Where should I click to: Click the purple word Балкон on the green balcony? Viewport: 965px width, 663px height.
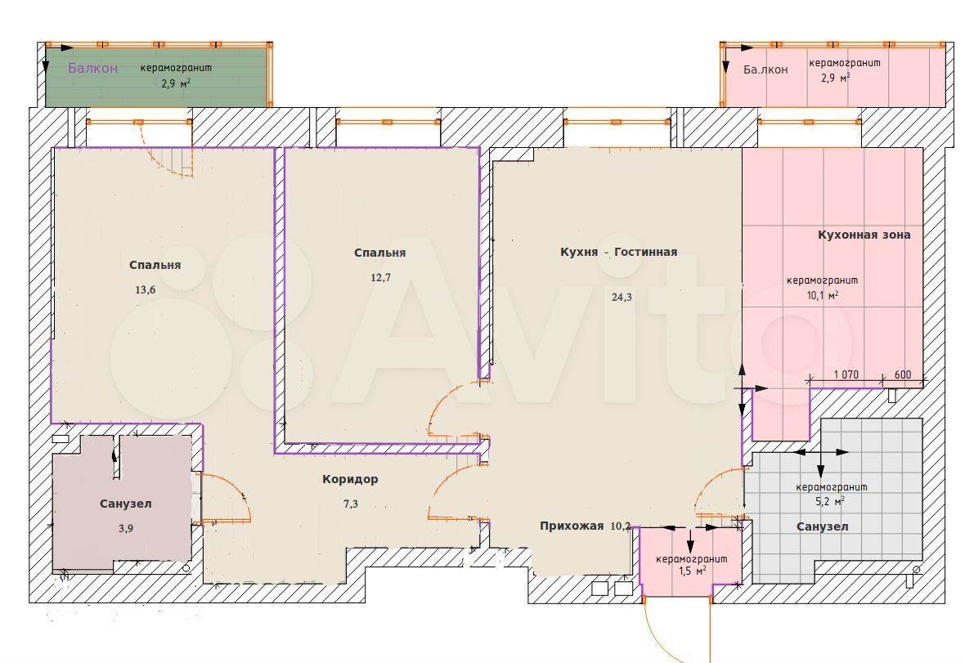click(92, 69)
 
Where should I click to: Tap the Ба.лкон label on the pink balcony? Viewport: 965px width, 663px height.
click(765, 69)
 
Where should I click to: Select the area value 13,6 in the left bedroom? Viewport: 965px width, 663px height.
click(146, 289)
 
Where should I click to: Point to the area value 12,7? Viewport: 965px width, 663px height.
click(380, 277)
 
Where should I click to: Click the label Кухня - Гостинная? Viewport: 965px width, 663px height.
click(618, 252)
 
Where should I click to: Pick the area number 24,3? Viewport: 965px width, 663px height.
click(622, 297)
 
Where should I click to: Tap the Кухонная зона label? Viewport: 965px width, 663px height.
click(864, 235)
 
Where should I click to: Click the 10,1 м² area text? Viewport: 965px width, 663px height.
click(822, 295)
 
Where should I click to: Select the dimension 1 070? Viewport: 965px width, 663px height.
click(846, 374)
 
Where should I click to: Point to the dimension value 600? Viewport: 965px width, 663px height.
click(903, 374)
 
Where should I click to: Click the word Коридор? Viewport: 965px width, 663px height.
click(350, 479)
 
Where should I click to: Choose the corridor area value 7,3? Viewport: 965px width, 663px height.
click(351, 504)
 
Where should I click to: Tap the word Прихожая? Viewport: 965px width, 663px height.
click(572, 526)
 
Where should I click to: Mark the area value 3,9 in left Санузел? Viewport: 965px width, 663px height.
click(126, 528)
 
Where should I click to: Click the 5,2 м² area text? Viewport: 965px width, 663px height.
click(829, 501)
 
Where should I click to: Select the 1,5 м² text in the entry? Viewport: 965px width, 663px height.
click(692, 571)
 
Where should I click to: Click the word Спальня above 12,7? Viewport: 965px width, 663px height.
click(379, 253)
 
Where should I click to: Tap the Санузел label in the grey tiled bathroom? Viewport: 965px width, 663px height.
click(822, 526)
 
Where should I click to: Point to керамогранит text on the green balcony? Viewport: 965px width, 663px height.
click(176, 68)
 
